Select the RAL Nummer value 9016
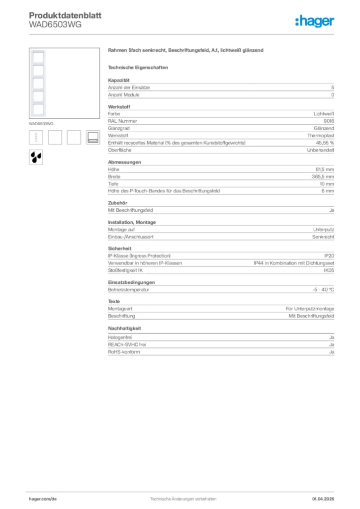tap(329, 121)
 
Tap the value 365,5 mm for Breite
tap(323, 176)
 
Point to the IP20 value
tap(329, 255)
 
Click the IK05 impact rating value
tap(329, 270)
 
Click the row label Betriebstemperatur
tap(129, 289)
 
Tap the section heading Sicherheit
tap(120, 248)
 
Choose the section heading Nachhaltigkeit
tap(125, 329)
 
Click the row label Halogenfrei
tap(120, 338)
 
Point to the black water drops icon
tap(36, 157)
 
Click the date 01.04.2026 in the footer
tap(323, 499)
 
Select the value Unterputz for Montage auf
tap(324, 230)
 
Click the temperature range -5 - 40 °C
tap(320, 289)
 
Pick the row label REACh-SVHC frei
tap(127, 344)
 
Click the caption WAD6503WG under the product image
tap(41, 123)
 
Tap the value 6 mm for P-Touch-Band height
tap(328, 191)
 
